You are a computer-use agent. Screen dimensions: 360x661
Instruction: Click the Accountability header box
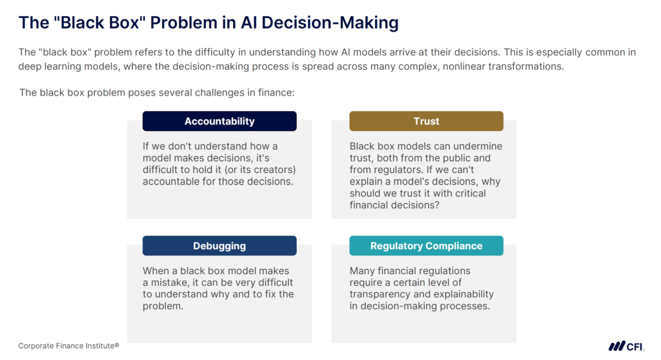click(x=219, y=121)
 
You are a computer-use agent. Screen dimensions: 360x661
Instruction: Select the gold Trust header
click(x=426, y=121)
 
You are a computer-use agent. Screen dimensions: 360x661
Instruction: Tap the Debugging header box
click(x=219, y=246)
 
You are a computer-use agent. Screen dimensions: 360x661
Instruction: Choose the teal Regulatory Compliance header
click(x=426, y=246)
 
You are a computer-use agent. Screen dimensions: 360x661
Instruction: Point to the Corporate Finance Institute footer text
click(x=68, y=346)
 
